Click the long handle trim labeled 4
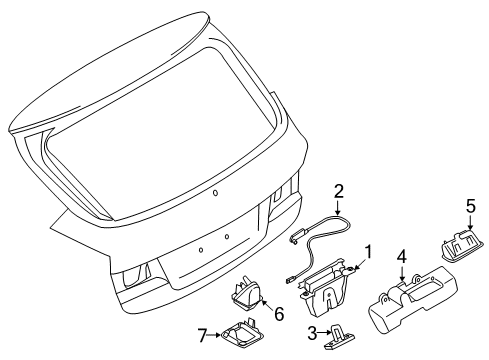(413, 313)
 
